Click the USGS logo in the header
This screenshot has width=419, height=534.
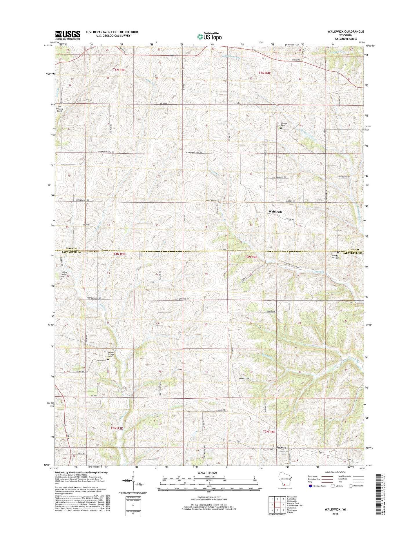click(x=68, y=35)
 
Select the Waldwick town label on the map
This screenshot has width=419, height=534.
click(x=275, y=212)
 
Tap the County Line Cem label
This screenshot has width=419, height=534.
click(x=336, y=257)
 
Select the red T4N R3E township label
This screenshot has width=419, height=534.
click(x=119, y=254)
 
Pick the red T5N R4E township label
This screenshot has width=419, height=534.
click(x=264, y=73)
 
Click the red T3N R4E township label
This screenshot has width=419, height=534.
click(x=269, y=432)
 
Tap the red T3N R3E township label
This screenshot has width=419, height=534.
click(x=117, y=428)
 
